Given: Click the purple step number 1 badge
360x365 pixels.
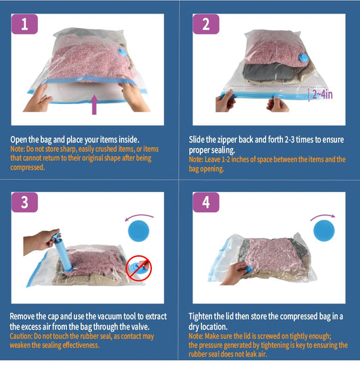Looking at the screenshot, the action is click(24, 24).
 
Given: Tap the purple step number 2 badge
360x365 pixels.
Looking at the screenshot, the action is click(206, 24).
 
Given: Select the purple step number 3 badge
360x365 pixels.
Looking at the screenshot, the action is click(24, 202).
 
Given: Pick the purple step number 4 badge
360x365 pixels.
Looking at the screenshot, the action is click(206, 202).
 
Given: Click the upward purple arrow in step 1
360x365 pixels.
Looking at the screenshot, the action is click(94, 105).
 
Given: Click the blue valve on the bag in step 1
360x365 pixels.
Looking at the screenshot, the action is click(122, 53).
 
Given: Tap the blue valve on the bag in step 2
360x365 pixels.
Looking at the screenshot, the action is click(303, 58).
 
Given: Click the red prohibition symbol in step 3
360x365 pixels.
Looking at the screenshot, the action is click(138, 268).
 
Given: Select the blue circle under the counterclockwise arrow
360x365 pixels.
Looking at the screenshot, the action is click(138, 230).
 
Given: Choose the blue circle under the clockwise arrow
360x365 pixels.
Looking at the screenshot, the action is click(324, 230).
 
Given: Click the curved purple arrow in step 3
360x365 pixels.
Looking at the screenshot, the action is click(139, 216).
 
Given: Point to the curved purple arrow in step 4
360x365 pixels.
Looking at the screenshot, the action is click(323, 216).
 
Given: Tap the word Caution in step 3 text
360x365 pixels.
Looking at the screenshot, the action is click(21, 336).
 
